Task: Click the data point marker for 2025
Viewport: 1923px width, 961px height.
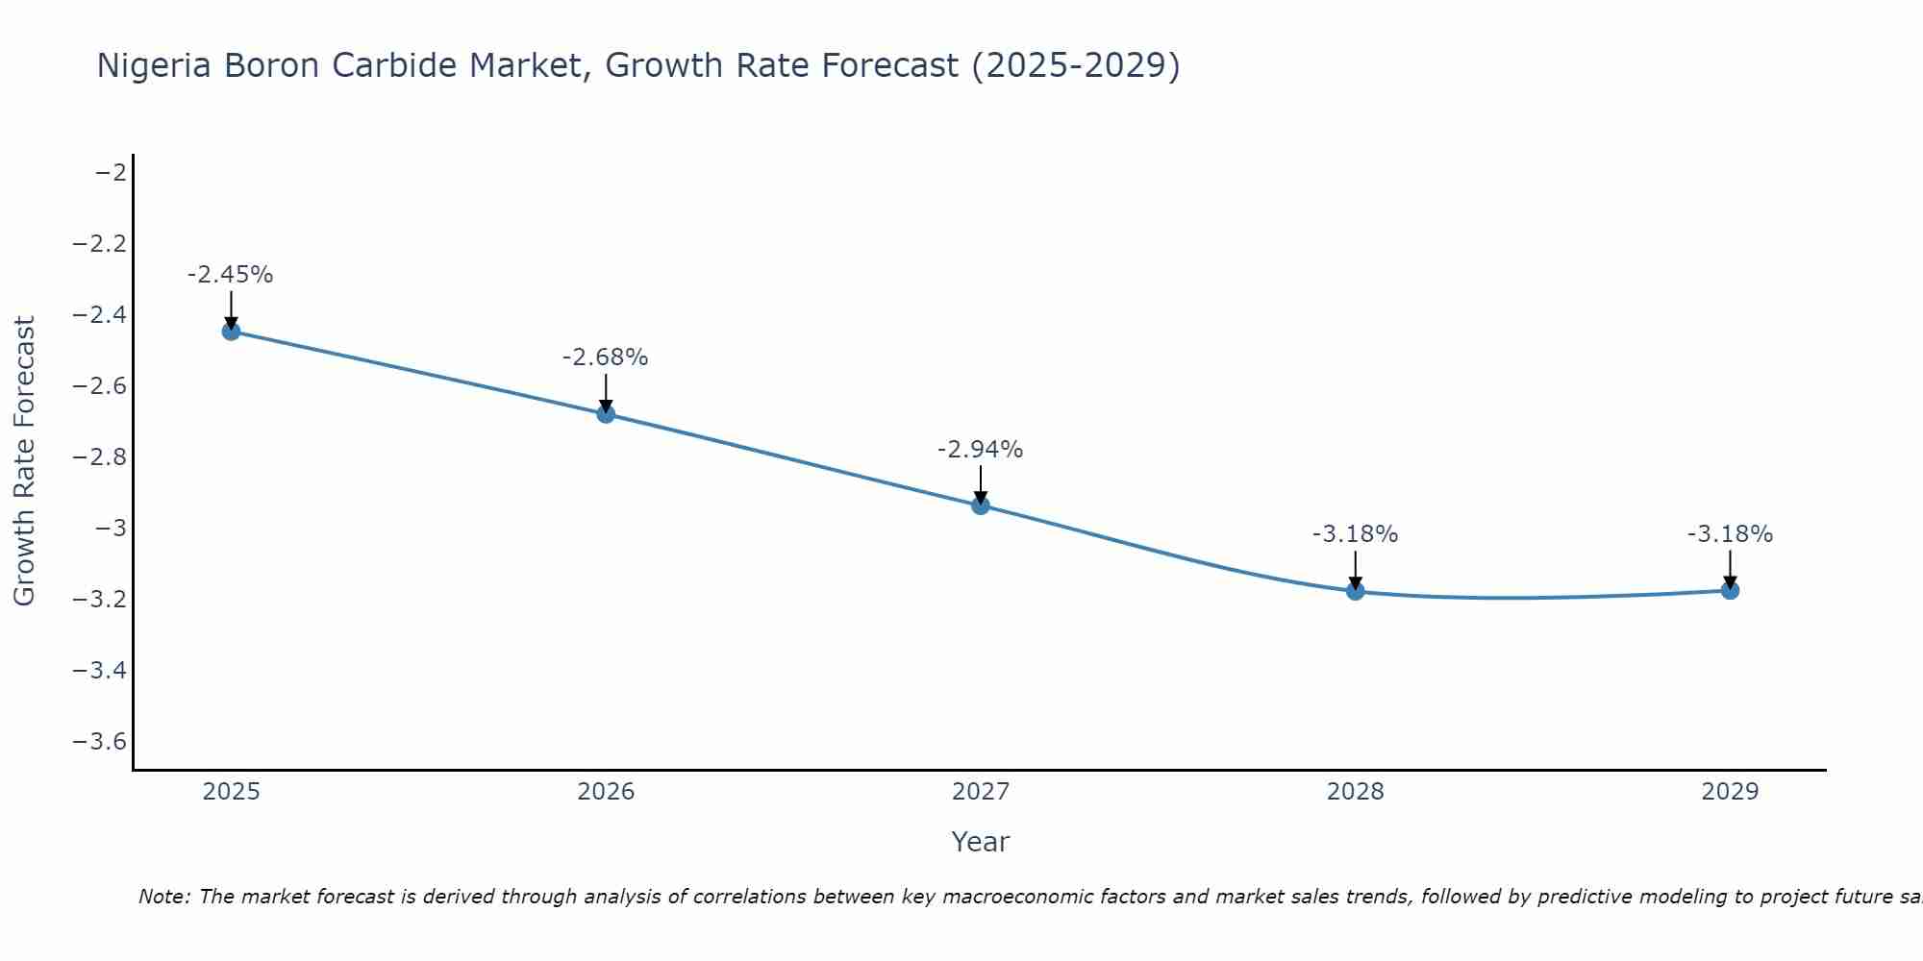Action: [231, 332]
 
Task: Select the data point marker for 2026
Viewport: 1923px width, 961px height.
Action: [606, 414]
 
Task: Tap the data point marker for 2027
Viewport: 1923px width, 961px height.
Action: [981, 505]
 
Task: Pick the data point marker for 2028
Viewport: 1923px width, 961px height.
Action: [1356, 591]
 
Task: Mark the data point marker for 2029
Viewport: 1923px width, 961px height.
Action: [1730, 590]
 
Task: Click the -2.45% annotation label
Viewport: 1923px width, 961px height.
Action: [231, 275]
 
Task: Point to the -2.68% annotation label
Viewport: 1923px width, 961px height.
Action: [606, 357]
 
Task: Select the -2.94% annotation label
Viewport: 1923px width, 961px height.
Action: [981, 450]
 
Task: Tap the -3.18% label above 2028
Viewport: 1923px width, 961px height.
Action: [1356, 534]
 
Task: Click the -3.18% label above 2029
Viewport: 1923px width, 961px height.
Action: [1730, 534]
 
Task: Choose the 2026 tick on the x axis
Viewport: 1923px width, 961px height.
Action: [606, 792]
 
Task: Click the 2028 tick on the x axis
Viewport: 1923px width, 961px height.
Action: [1356, 792]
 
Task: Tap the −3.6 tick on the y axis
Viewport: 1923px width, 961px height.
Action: [100, 742]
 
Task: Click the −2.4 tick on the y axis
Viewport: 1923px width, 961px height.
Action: [100, 315]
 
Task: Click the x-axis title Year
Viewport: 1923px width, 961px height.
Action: [981, 842]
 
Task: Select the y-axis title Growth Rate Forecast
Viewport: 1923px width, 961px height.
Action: [25, 461]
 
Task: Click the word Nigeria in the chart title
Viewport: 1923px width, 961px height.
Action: [155, 66]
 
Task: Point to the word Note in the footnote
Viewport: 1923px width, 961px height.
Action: [163, 898]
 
